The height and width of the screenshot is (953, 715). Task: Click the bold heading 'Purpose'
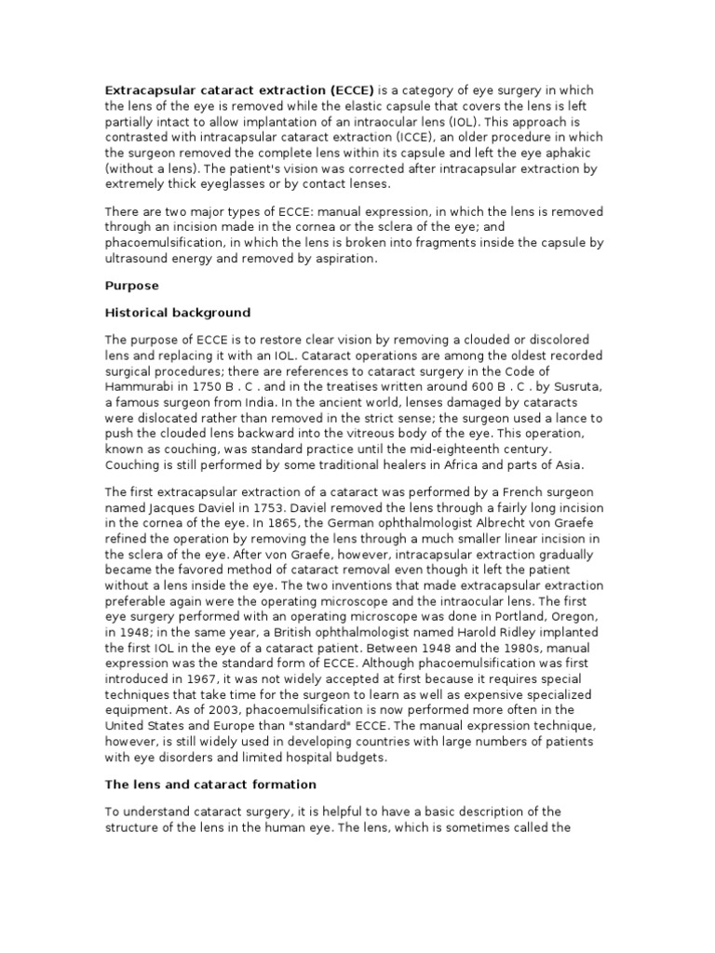[x=131, y=286]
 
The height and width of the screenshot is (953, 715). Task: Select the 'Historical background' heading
[x=178, y=312]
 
